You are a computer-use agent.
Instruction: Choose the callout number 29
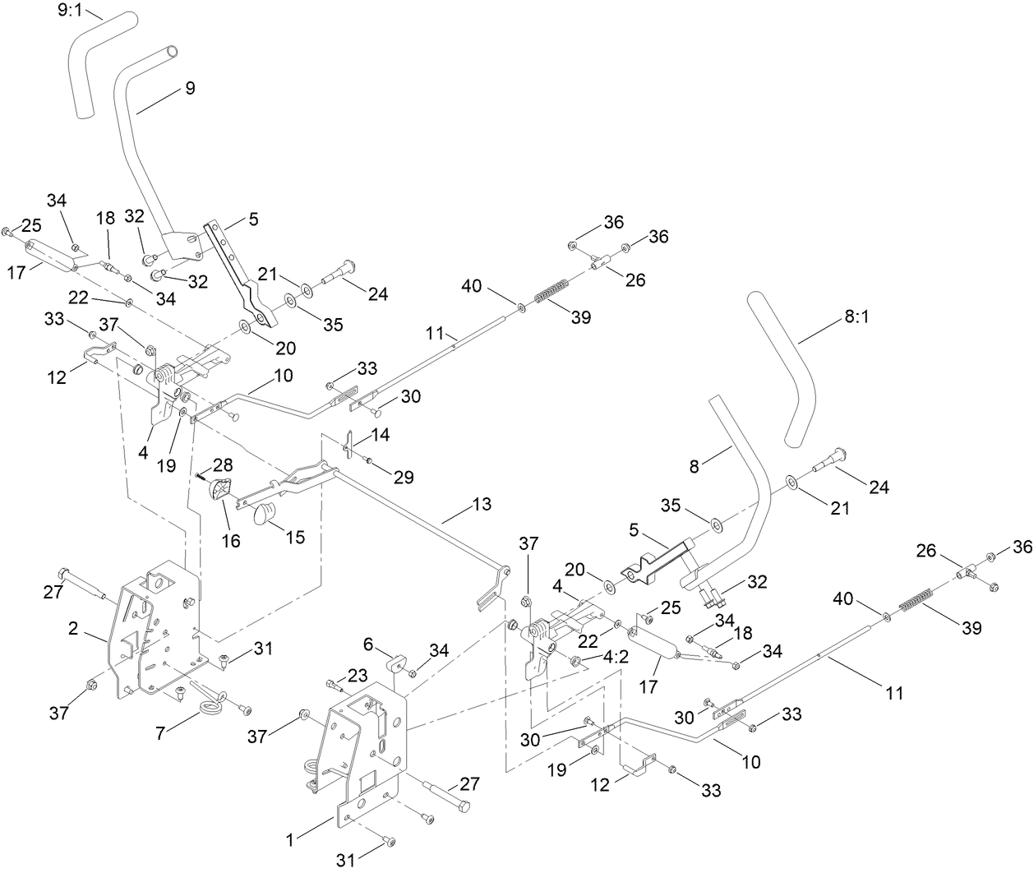click(x=402, y=477)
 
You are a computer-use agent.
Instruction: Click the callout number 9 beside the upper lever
click(x=190, y=89)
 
